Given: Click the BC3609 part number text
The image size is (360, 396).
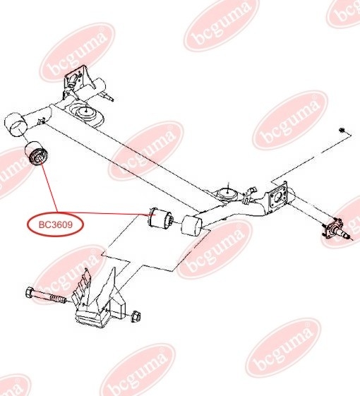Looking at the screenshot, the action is point(56,224).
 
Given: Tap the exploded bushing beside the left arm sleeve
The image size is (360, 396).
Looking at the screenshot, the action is point(37,154).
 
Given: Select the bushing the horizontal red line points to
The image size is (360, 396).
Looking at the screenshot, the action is point(161,218).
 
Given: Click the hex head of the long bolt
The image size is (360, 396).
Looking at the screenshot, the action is point(30,293).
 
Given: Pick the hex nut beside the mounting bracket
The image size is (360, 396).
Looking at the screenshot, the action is point(136,317).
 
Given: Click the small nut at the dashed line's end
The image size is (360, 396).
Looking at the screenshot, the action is point(342,130).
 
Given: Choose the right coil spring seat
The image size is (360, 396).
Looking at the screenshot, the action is point(227,194).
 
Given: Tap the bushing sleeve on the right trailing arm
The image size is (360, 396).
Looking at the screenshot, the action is point(192,225).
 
